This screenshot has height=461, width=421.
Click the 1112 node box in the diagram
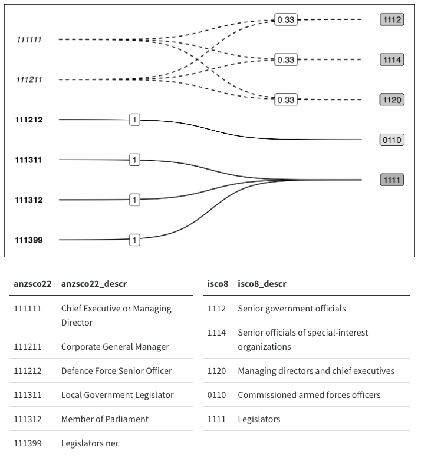(392, 20)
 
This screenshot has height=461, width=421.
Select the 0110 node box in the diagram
(392, 140)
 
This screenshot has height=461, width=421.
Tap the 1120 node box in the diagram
(392, 100)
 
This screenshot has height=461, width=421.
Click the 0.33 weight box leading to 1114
(286, 60)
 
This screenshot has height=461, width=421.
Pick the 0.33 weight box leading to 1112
(286, 20)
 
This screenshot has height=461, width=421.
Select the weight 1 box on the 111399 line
(134, 240)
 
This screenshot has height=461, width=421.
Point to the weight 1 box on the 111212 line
(134, 120)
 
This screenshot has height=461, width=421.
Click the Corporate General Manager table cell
(115, 347)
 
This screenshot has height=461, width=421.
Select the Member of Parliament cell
(105, 419)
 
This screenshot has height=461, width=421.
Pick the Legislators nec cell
(90, 443)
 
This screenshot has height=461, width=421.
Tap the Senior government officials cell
(292, 309)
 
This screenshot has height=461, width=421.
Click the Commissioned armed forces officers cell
(309, 395)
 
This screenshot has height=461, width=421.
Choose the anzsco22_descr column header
(94, 284)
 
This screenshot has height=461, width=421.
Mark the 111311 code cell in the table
(28, 395)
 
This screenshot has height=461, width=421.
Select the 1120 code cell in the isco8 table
(216, 371)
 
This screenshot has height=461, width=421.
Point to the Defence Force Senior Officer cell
(116, 371)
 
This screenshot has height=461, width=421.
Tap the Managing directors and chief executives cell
(316, 371)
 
